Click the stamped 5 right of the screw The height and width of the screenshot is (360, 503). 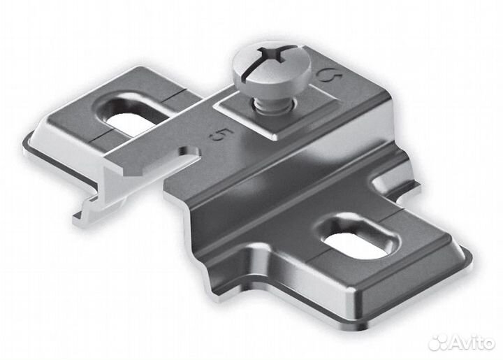point(330,75)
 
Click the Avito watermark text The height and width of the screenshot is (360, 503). point(472,343)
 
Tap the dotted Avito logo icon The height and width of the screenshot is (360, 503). point(439,343)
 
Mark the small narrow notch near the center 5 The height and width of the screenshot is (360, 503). point(189,153)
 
